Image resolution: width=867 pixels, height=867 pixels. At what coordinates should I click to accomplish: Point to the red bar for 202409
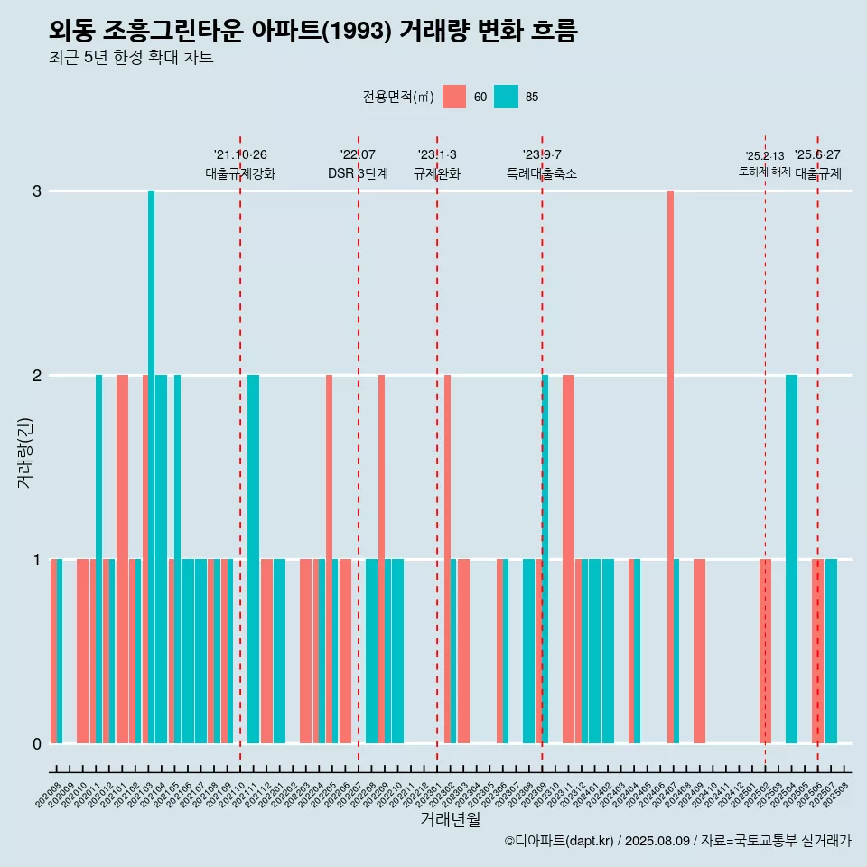pyautogui.click(x=699, y=650)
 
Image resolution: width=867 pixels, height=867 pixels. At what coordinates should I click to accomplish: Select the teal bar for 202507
pyautogui.click(x=831, y=650)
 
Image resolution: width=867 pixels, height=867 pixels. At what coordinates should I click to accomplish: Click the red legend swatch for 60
pyautogui.click(x=454, y=97)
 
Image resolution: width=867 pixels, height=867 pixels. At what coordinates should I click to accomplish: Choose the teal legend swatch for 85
pyautogui.click(x=506, y=97)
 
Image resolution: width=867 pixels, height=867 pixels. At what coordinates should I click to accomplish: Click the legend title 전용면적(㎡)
pyautogui.click(x=397, y=97)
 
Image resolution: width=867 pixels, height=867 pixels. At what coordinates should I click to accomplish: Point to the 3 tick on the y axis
pyautogui.click(x=37, y=191)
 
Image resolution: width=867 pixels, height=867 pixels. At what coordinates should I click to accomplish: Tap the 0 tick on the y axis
pyautogui.click(x=37, y=744)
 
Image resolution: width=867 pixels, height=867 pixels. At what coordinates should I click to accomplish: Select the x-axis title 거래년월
pyautogui.click(x=450, y=819)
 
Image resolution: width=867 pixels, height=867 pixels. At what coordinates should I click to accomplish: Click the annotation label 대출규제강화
pyautogui.click(x=240, y=173)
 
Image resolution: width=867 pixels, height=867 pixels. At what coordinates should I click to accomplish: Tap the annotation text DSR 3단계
pyautogui.click(x=358, y=173)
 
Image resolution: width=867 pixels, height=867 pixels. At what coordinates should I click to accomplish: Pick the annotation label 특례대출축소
pyautogui.click(x=542, y=173)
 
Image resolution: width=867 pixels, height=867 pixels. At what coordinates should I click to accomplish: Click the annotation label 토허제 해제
pyautogui.click(x=764, y=172)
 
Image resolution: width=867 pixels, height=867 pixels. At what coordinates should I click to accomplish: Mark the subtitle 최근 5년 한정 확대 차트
pyautogui.click(x=132, y=58)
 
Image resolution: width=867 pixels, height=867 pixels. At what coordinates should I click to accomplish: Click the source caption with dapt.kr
pyautogui.click(x=677, y=841)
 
